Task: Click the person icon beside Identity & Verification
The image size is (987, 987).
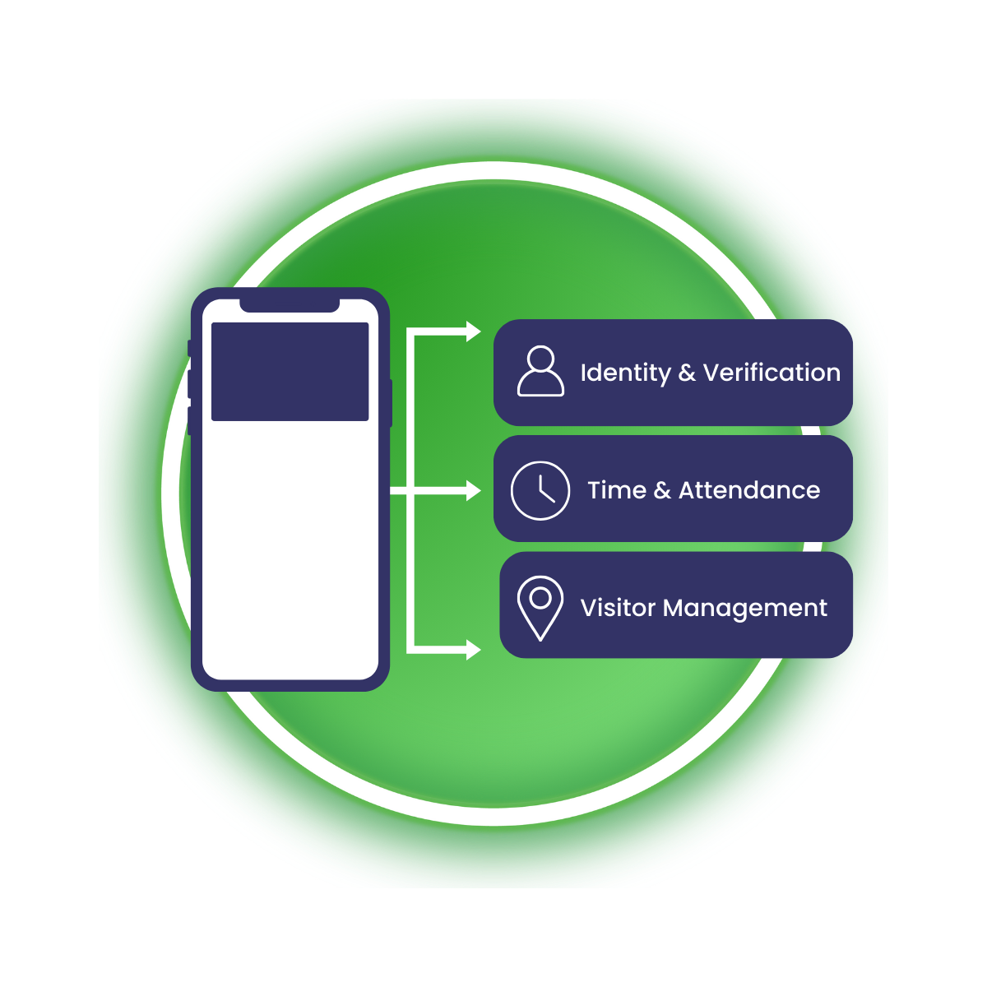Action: (x=540, y=372)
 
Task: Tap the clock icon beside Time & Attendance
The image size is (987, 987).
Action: (x=540, y=490)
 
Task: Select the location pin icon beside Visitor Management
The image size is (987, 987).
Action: (x=540, y=607)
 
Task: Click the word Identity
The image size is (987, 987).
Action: (x=625, y=373)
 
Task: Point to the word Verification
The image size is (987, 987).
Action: (x=772, y=373)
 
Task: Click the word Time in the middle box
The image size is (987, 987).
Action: (x=617, y=490)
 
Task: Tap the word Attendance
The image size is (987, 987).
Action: (x=749, y=490)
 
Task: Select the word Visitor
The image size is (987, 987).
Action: (x=618, y=608)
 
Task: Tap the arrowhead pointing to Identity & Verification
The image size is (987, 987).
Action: (x=473, y=331)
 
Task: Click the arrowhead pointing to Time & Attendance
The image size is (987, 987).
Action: (x=473, y=490)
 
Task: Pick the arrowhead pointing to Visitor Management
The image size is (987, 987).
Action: (x=473, y=650)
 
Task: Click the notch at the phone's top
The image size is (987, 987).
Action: (x=290, y=305)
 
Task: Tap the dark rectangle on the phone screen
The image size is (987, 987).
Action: (x=290, y=372)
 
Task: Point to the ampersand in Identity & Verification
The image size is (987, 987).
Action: (x=687, y=373)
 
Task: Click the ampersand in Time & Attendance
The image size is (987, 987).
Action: (x=662, y=491)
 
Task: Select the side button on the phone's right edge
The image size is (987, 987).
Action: (x=390, y=403)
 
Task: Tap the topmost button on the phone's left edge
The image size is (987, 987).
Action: (x=190, y=348)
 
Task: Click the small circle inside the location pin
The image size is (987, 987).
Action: (x=540, y=598)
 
